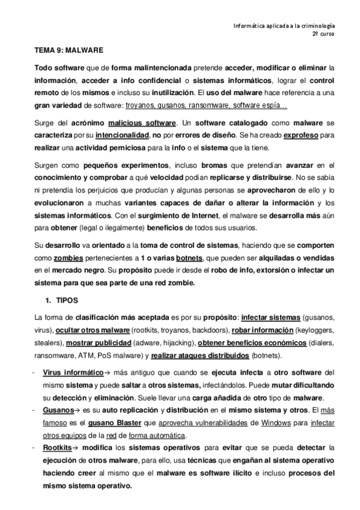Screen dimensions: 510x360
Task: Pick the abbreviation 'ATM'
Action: coord(72,356)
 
